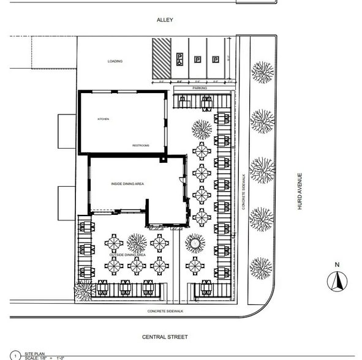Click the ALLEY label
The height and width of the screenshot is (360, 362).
tap(164, 20)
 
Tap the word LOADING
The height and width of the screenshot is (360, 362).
tap(115, 61)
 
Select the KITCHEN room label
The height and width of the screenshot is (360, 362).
tap(103, 119)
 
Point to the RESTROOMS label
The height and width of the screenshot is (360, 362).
tap(141, 145)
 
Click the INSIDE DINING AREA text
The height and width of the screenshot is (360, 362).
tap(127, 184)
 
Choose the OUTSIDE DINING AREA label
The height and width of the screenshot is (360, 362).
tap(127, 254)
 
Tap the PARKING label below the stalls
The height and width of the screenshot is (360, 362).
tap(200, 88)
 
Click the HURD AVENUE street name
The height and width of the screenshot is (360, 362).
tap(300, 191)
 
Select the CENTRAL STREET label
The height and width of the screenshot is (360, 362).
tap(165, 337)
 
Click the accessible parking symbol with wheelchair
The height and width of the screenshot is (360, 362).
tap(179, 59)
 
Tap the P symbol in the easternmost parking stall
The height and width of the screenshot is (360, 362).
tap(216, 59)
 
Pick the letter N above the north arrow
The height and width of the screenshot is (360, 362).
tap(336, 264)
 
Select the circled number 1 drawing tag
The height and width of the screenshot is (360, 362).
tap(15, 355)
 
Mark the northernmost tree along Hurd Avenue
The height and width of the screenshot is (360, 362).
tap(262, 72)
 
